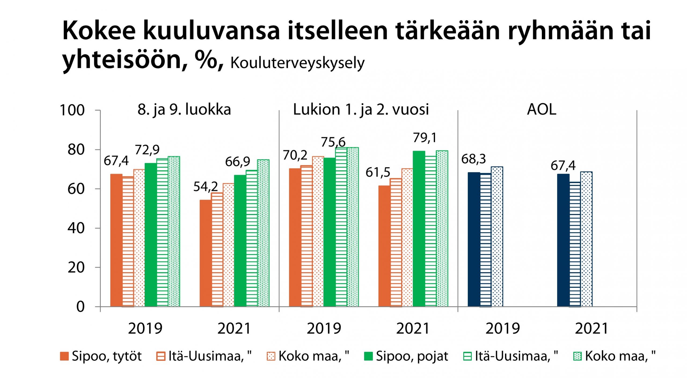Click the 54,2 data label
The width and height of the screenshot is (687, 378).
[206, 187]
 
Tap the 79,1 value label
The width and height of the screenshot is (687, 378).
[425, 138]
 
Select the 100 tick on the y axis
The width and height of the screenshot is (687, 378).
[72, 110]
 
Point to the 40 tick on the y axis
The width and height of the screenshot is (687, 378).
[76, 228]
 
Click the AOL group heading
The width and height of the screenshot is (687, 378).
[542, 110]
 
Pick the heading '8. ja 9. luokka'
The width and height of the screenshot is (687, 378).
[184, 110]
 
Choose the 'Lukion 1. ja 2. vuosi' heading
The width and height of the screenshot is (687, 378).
[361, 110]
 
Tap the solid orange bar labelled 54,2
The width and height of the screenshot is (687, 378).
[206, 253]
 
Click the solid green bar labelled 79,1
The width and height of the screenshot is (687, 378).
[419, 229]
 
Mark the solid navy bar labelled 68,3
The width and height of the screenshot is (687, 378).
[474, 239]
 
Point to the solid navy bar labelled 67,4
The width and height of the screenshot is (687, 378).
[563, 240]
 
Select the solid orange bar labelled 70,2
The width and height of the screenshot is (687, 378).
[295, 237]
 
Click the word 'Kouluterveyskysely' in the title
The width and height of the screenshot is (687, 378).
[297, 63]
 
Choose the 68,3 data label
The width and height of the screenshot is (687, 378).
[473, 159]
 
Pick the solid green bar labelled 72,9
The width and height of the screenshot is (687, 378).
[151, 235]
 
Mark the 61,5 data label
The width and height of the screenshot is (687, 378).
[378, 172]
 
